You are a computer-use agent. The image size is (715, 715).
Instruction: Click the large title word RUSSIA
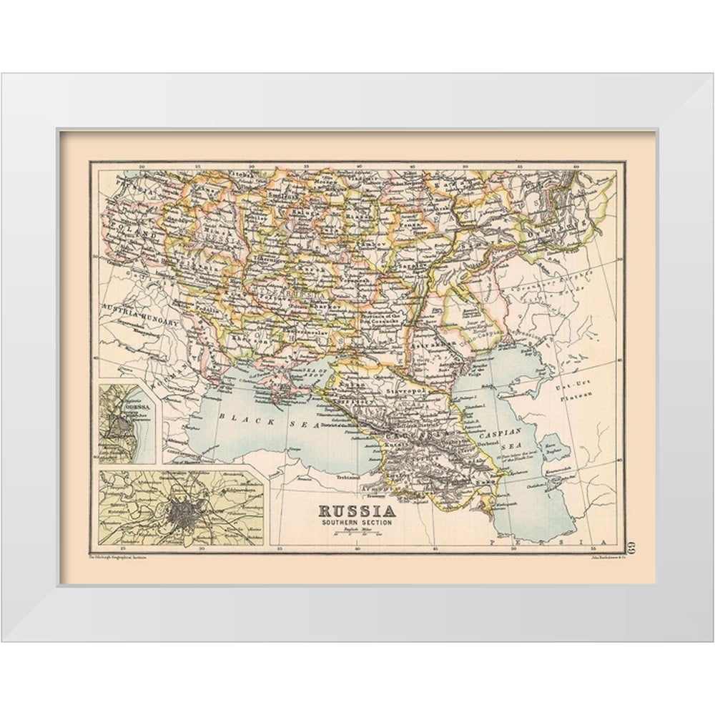357,511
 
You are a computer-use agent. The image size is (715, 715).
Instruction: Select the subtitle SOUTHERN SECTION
357,523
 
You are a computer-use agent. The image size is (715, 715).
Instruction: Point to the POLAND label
132,232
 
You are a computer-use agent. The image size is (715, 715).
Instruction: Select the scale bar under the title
357,535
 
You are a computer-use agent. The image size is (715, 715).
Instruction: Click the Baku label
486,483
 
